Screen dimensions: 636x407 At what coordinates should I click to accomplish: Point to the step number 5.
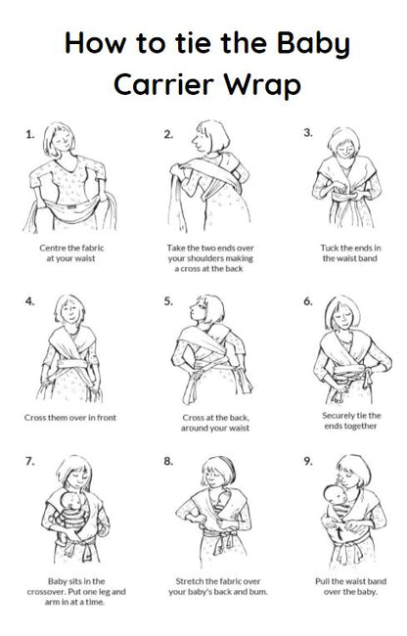(169, 300)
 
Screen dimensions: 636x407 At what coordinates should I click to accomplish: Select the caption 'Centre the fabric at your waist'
(70, 254)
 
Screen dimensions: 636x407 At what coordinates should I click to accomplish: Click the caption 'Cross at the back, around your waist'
(207, 422)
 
